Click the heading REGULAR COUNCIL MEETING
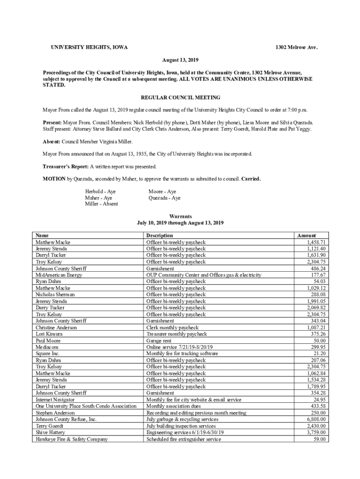(x=180, y=98)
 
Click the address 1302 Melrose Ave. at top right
(x=296, y=48)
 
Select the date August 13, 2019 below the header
(x=180, y=60)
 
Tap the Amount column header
(x=306, y=235)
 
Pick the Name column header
(x=42, y=235)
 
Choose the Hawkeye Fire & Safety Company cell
(x=72, y=439)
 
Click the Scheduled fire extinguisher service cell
(x=183, y=439)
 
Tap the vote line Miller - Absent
(x=101, y=204)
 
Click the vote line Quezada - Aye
(x=164, y=198)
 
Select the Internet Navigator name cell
(x=55, y=400)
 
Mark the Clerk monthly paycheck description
(x=173, y=328)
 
